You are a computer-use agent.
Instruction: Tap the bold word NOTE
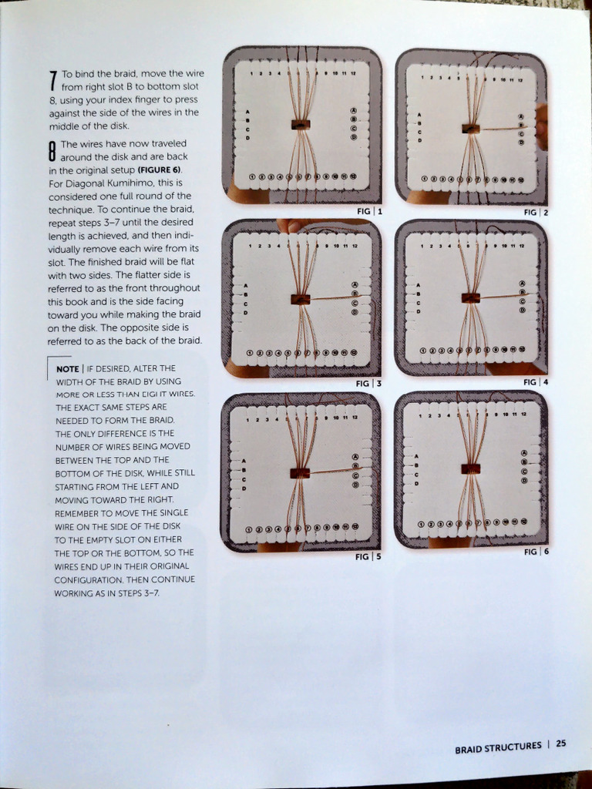[x=68, y=368]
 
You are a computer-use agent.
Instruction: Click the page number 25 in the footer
[x=560, y=744]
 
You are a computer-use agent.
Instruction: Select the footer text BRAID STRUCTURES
[x=498, y=746]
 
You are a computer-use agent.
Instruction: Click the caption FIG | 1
[x=370, y=210]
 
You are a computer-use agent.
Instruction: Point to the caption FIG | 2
[x=536, y=212]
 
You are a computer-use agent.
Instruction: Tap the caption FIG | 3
[x=368, y=384]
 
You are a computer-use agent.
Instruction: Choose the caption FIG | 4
[x=536, y=382]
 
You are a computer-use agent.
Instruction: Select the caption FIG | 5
[x=368, y=556]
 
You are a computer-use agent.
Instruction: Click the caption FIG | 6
[x=536, y=552]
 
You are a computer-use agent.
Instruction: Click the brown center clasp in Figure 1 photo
[x=301, y=124]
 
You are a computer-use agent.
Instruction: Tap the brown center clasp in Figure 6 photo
[x=470, y=468]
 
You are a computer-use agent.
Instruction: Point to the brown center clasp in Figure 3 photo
[x=301, y=299]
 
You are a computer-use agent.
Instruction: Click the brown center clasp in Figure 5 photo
[x=300, y=472]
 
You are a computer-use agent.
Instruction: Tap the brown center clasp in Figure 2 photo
[x=470, y=128]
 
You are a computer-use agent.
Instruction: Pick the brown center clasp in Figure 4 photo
[x=470, y=297]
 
